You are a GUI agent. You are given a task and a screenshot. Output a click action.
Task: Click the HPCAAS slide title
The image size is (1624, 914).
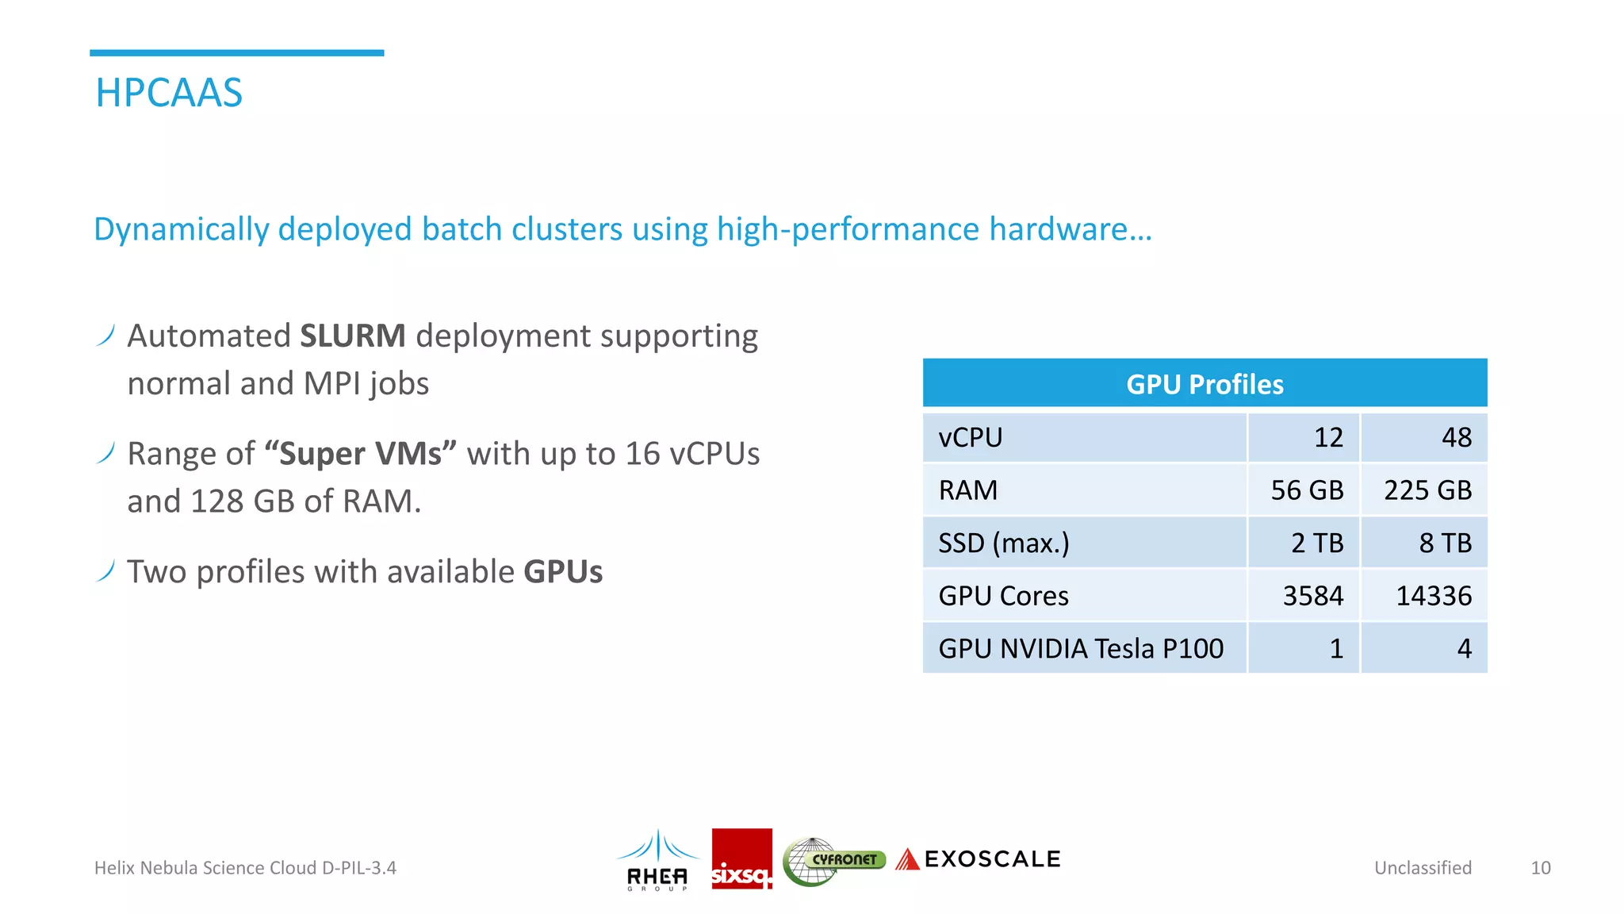click(x=169, y=93)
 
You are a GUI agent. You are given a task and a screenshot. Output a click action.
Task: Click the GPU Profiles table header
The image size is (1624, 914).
click(x=1204, y=384)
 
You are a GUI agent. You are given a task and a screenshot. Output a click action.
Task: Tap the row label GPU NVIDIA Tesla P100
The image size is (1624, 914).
click(x=1081, y=649)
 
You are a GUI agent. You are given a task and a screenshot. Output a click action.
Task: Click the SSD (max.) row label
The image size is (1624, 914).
click(x=1004, y=543)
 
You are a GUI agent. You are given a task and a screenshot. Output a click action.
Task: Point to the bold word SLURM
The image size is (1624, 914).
click(x=353, y=336)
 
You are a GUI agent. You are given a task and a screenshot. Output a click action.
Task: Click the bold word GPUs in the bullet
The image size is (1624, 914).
click(x=563, y=572)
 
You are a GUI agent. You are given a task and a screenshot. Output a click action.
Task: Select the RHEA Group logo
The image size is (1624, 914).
click(x=657, y=860)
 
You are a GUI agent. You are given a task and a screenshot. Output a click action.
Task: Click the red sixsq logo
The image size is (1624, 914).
click(x=741, y=859)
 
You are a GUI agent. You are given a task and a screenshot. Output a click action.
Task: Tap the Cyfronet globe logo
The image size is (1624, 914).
click(x=833, y=861)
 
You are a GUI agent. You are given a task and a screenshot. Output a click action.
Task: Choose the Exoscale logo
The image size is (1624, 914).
click(x=979, y=859)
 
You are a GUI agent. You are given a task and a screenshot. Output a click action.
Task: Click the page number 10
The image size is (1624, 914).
click(x=1540, y=868)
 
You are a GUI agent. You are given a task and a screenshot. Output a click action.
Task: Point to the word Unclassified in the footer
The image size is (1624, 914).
click(x=1423, y=868)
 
